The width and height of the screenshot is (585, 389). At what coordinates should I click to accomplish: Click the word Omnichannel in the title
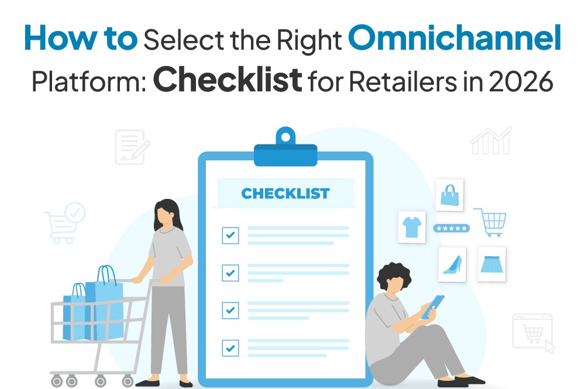point(454,40)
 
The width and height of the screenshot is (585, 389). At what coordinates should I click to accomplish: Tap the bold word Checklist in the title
point(228,80)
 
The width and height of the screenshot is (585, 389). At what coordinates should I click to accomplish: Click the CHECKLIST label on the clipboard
point(285,194)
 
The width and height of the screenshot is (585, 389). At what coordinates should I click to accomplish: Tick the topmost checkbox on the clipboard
point(230,235)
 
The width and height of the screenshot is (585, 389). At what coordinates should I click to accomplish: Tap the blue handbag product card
point(449,195)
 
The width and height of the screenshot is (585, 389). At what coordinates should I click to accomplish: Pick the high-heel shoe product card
point(452,264)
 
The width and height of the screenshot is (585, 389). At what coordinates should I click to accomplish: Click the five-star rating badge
point(450,228)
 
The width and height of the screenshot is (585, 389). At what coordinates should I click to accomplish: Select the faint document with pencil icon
point(131,146)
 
